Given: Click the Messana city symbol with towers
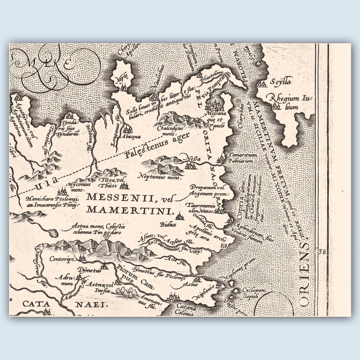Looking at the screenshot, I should click(213, 104).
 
